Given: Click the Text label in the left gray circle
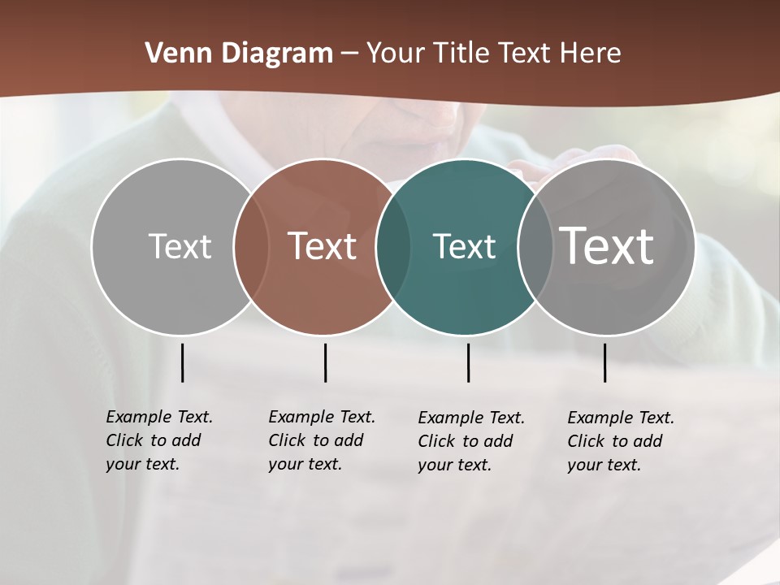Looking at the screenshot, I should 180,246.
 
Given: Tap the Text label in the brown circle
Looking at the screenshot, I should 323,246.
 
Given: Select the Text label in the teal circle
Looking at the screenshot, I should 464,246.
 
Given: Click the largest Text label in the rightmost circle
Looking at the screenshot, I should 607,245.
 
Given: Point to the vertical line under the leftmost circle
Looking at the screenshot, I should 182,362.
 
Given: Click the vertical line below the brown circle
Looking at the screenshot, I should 325,362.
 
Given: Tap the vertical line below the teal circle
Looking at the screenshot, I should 468,362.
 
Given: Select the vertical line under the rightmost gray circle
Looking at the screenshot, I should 604,362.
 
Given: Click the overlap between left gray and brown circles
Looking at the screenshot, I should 251,247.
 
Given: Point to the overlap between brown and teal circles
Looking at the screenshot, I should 393,247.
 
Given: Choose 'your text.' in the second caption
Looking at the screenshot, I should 305,465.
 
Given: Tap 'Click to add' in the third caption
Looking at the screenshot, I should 466,441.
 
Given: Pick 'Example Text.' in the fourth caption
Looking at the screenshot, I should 621,418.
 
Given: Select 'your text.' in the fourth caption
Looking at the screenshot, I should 604,465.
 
